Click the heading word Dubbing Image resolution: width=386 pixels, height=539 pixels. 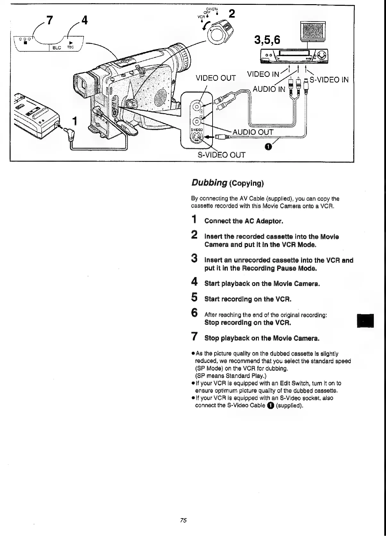(x=209, y=183)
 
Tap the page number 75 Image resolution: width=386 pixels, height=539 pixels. (x=183, y=520)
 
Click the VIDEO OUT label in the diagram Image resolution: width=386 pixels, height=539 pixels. (x=216, y=78)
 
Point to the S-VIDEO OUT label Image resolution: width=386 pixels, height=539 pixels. (x=221, y=155)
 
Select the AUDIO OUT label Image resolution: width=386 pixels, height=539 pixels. (x=253, y=132)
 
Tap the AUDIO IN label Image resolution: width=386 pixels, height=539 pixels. (x=269, y=89)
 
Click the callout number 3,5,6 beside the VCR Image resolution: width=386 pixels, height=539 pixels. (x=267, y=40)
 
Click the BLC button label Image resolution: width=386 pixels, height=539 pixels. (x=57, y=48)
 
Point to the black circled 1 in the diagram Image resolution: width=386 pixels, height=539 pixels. (x=268, y=147)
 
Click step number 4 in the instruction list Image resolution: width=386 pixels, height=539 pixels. (x=194, y=283)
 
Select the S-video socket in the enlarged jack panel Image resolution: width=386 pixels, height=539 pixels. (x=197, y=138)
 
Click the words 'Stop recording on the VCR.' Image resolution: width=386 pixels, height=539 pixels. (x=248, y=323)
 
